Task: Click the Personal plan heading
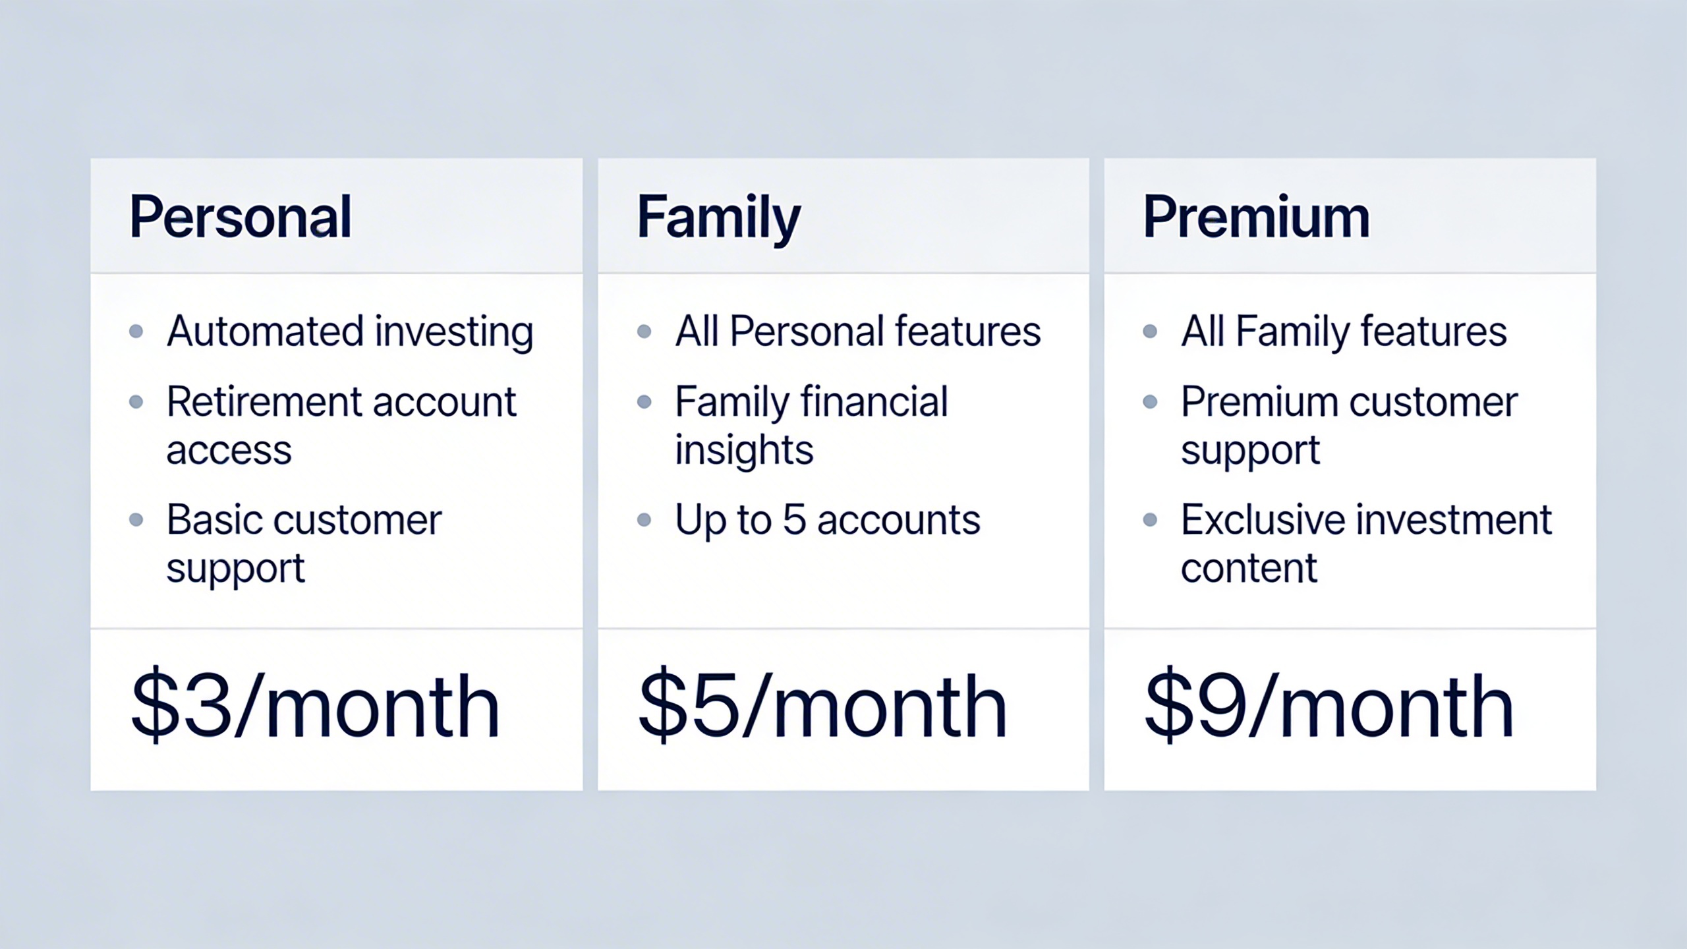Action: click(241, 217)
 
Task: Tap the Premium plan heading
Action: click(1256, 217)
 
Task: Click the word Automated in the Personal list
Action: click(265, 330)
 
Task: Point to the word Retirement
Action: click(264, 401)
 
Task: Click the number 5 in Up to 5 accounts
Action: click(794, 519)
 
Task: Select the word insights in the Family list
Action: click(744, 451)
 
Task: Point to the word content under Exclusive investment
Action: click(1249, 568)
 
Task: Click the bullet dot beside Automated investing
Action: click(136, 331)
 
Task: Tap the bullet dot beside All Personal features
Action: click(644, 331)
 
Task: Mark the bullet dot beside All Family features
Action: click(1150, 331)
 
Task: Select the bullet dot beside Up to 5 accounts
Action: click(644, 520)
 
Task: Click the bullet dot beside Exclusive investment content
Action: click(1150, 520)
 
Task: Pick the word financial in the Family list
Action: click(874, 401)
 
